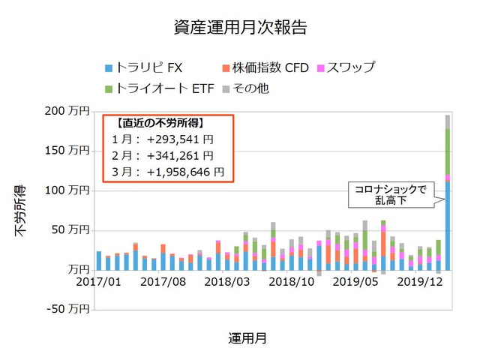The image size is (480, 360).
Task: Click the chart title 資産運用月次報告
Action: tap(239, 28)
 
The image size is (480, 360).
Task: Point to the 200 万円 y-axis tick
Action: tap(68, 111)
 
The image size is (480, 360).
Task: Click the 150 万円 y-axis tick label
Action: tap(68, 151)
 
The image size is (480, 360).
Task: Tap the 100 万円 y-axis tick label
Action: tap(68, 190)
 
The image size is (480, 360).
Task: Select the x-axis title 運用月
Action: tap(247, 337)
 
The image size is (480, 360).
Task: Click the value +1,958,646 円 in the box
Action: tap(185, 172)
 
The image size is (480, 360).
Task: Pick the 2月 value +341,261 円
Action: tap(180, 155)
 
